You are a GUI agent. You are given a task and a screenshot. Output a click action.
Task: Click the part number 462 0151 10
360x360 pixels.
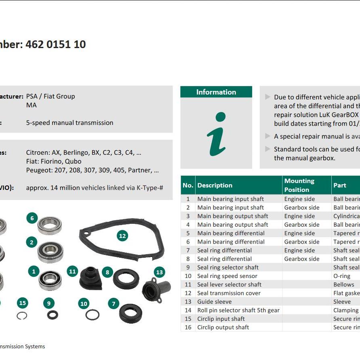point(55,44)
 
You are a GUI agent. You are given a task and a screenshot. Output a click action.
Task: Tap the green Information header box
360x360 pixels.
point(216,92)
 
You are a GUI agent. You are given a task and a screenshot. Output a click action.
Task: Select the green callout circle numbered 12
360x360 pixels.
point(122,236)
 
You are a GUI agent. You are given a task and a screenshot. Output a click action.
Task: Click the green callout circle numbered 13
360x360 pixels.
point(159,272)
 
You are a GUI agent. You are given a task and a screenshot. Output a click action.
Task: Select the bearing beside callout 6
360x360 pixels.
point(50,225)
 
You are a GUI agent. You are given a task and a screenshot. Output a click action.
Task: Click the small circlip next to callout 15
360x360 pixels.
point(22,316)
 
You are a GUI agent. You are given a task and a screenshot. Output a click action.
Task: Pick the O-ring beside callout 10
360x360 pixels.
point(93,315)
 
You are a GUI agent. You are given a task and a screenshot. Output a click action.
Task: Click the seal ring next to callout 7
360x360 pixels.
point(130,313)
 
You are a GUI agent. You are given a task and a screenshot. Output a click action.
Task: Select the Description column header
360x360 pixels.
point(215,185)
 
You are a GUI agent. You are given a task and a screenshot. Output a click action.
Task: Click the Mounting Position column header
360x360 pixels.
point(299,185)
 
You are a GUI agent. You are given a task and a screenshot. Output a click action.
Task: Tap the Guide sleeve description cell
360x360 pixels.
point(215,302)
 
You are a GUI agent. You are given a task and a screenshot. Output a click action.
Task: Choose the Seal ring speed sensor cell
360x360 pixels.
point(227,276)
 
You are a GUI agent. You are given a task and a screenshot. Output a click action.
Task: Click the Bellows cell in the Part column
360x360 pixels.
point(342,284)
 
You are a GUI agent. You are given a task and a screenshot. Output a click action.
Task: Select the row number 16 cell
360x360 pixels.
point(188,327)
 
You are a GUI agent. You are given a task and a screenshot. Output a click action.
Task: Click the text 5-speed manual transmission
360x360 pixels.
point(69,123)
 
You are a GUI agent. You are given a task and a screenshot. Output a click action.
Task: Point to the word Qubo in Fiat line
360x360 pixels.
point(73,162)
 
